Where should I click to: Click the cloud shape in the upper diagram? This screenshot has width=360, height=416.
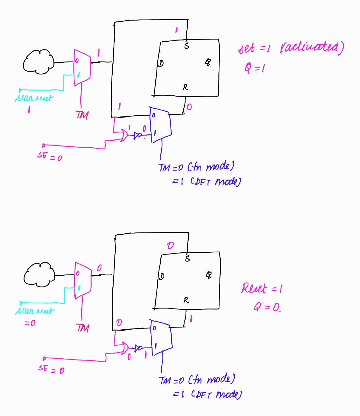pos(38,62)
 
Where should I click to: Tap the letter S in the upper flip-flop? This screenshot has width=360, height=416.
pos(187,46)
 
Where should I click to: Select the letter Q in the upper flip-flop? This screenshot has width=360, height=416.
pos(208,62)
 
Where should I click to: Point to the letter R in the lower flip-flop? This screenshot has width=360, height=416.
pos(186,300)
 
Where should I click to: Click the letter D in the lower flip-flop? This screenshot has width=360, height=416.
pos(162,276)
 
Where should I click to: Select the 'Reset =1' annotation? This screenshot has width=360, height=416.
pos(262,289)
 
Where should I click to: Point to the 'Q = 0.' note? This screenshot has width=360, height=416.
pos(267,307)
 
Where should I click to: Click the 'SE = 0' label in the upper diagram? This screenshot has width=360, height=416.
pos(50,156)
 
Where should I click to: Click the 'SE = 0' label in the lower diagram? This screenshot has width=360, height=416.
pos(51,369)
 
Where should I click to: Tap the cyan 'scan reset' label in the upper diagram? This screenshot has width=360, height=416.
pos(34,98)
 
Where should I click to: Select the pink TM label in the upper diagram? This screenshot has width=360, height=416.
pos(82,115)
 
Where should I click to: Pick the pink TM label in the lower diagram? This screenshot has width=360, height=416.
pos(82,328)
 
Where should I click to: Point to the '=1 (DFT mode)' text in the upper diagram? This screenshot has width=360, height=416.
pos(207,181)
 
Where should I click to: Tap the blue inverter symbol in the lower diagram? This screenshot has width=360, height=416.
pos(138,348)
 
